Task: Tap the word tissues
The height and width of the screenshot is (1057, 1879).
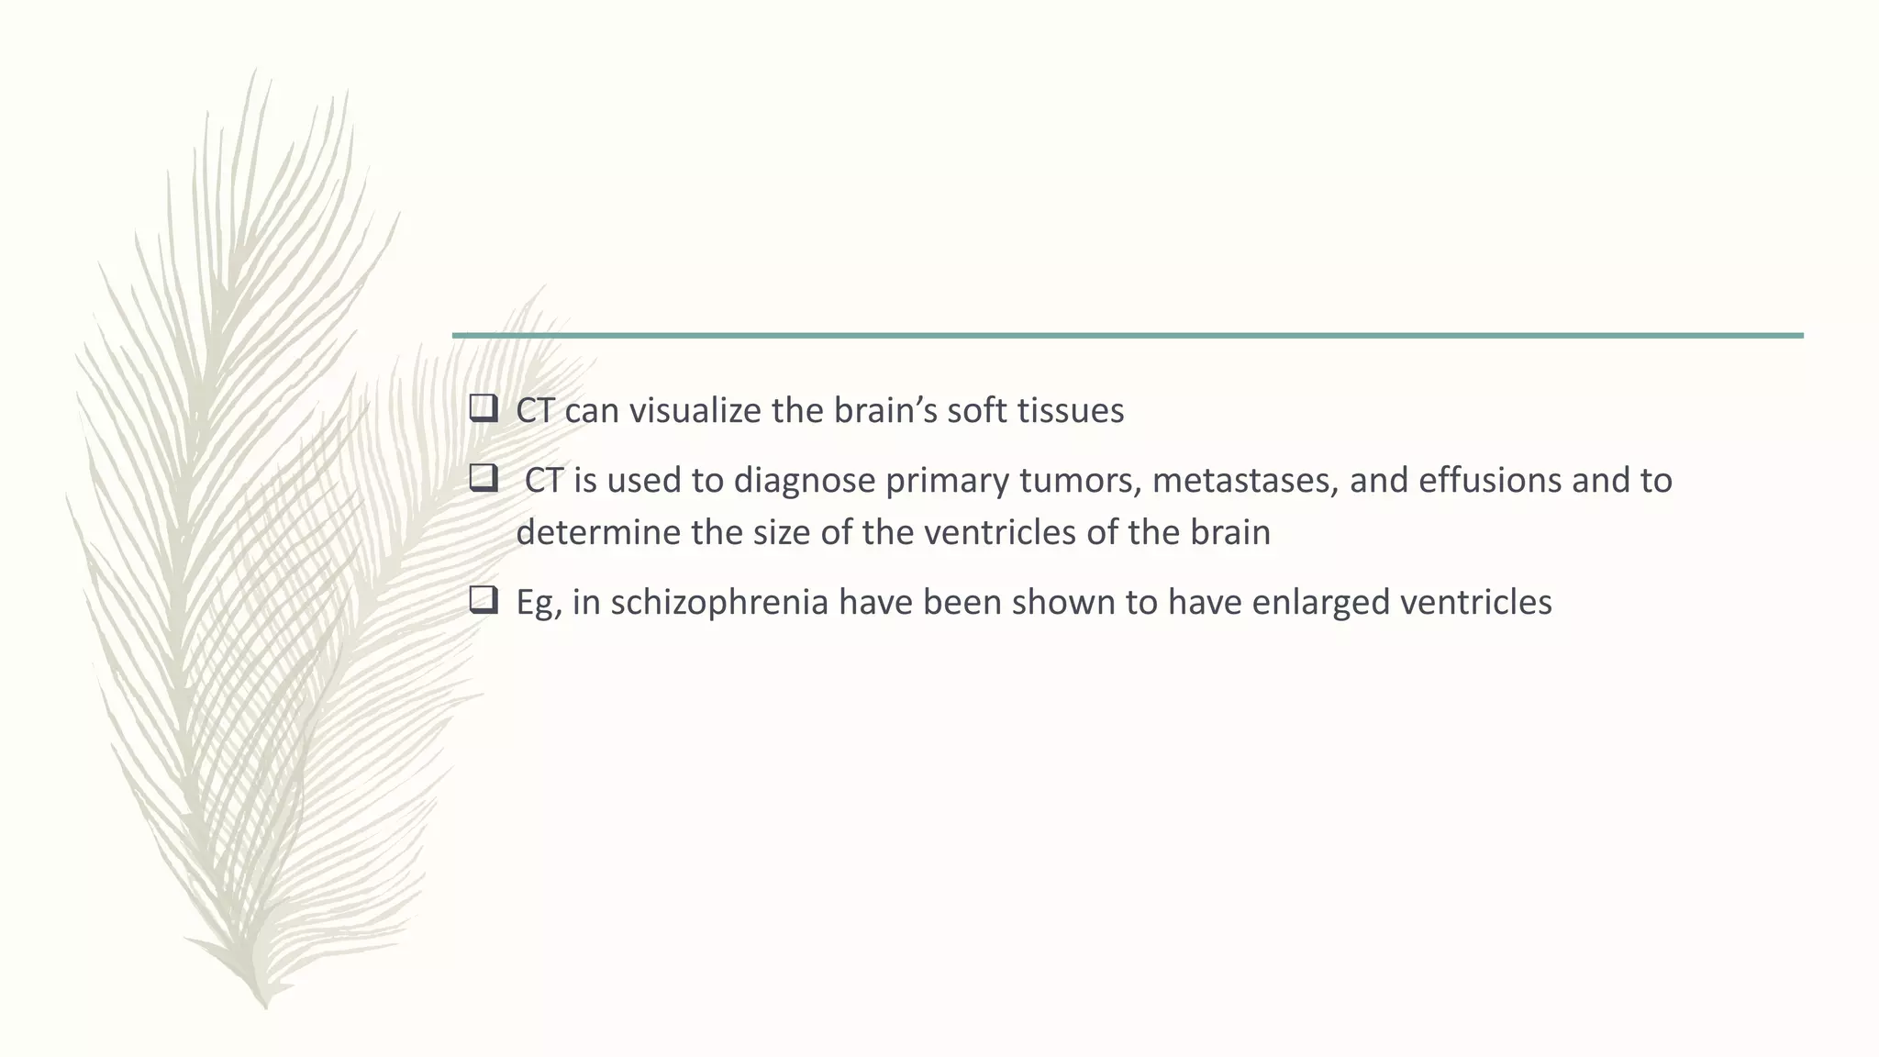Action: [x=1071, y=410]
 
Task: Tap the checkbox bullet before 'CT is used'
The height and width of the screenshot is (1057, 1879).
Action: [x=483, y=477]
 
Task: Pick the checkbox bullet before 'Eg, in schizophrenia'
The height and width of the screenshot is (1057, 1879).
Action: [x=483, y=600]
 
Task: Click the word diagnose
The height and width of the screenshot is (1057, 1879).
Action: [x=804, y=481]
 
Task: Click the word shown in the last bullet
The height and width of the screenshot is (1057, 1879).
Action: [x=1064, y=602]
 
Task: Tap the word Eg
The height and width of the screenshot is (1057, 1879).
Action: [x=537, y=603]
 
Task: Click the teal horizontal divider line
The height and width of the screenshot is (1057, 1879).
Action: [x=1128, y=336]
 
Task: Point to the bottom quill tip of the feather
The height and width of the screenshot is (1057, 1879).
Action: [x=264, y=1006]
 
